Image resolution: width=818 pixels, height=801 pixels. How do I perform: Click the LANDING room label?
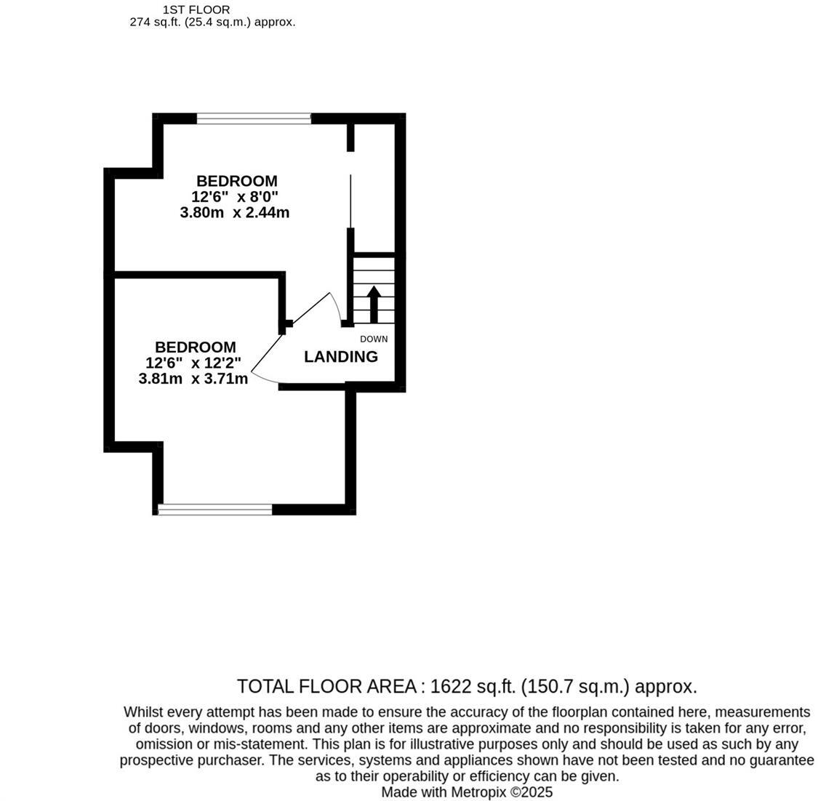click(340, 357)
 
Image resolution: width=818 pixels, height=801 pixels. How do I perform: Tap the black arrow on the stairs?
click(374, 304)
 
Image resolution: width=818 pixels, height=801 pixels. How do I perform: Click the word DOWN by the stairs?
click(374, 339)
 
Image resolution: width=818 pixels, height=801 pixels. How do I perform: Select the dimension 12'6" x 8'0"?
click(236, 196)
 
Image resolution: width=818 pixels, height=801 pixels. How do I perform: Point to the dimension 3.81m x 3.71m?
click(193, 379)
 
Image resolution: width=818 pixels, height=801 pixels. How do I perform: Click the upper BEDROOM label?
click(237, 180)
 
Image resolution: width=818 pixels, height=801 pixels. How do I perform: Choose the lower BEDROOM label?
click(195, 347)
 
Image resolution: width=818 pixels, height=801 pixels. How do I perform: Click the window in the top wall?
click(254, 118)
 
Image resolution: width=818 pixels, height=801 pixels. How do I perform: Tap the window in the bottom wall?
click(215, 510)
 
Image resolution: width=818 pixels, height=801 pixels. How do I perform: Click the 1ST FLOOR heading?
click(196, 9)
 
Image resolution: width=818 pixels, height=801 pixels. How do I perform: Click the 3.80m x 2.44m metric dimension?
click(235, 212)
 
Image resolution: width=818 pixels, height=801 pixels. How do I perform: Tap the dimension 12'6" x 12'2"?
click(193, 363)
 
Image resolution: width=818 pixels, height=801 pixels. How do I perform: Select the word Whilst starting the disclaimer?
click(144, 712)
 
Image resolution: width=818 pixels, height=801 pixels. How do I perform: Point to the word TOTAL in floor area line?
click(263, 686)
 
